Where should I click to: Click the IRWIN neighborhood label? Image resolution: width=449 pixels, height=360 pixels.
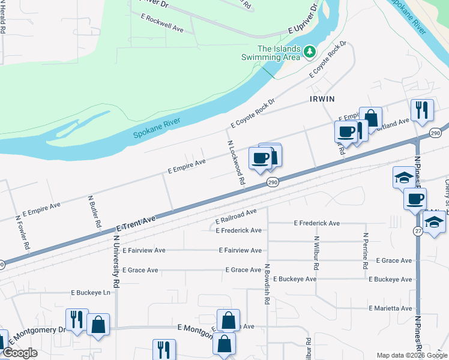tap(322, 98)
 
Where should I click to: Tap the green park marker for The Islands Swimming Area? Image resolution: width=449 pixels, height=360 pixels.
tap(310, 52)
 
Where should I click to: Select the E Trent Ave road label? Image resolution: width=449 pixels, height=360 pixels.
tap(136, 224)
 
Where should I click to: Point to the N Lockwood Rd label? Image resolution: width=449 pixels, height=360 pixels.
tap(236, 163)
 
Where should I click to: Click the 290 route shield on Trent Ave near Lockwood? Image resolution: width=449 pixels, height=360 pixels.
tap(273, 182)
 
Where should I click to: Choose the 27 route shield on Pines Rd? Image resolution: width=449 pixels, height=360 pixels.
tap(418, 231)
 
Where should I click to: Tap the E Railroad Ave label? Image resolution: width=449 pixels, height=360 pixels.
tap(237, 216)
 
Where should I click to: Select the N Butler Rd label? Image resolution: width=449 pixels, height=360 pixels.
tap(94, 211)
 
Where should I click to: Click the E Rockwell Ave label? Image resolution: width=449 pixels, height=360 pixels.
tap(162, 22)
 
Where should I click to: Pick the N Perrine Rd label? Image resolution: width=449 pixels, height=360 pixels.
tap(365, 251)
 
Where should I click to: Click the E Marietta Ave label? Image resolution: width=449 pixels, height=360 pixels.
tap(390, 308)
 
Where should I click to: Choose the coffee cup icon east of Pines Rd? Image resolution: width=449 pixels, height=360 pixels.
tap(415, 199)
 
